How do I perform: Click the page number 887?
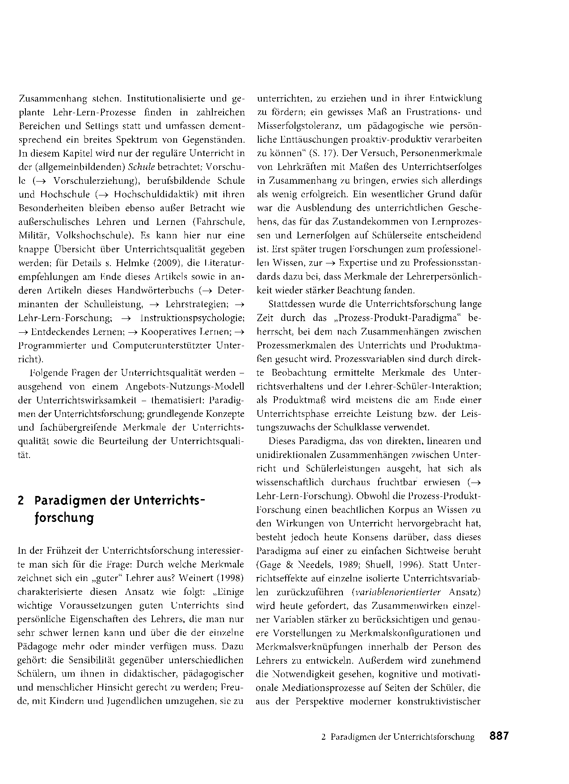click(499, 736)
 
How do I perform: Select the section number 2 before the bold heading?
click(21, 500)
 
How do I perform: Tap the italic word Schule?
click(141, 167)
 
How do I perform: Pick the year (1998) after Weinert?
click(231, 578)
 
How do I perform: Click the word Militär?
click(32, 235)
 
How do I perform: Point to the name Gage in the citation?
click(268, 564)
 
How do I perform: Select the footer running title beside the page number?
click(398, 737)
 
